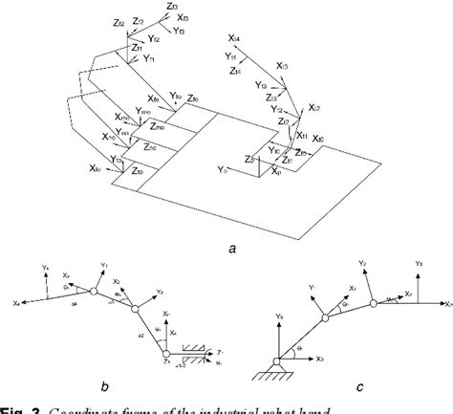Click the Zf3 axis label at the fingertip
coord(171,7)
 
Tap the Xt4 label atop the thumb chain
coord(235,38)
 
